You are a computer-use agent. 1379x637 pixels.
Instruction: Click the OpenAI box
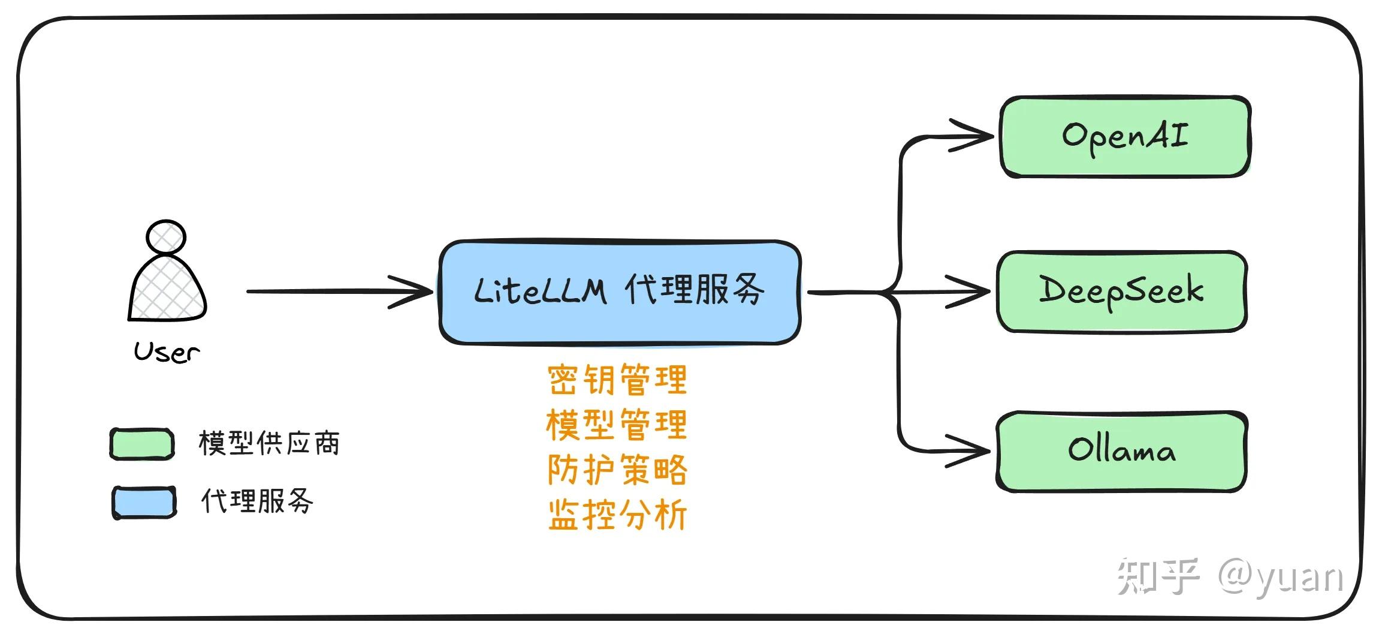1125,137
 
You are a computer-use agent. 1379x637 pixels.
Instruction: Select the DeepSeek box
1121,292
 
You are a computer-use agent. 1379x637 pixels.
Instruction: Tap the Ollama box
1121,451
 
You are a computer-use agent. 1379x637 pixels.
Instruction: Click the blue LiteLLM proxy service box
620,292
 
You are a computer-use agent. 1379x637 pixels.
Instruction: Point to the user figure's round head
166,237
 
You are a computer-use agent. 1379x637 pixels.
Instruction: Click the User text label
167,352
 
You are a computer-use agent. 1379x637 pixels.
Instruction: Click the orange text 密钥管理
617,379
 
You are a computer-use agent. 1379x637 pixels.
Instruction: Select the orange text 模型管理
617,424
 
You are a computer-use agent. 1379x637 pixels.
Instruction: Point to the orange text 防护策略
617,469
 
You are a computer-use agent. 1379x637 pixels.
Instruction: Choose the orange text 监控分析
617,514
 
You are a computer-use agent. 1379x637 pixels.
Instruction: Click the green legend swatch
142,444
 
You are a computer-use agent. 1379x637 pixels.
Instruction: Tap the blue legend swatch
144,502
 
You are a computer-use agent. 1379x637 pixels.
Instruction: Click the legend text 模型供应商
268,443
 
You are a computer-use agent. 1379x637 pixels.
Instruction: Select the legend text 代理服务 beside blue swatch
257,501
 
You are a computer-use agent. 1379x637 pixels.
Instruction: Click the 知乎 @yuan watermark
1229,576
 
